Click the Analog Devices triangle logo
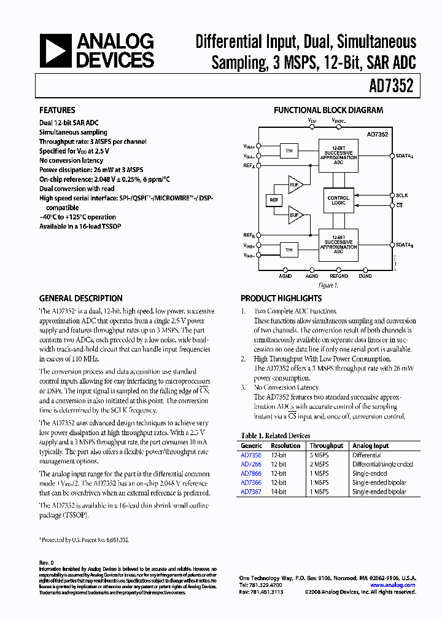[56, 50]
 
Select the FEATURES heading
[58, 111]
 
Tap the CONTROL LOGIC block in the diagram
[338, 200]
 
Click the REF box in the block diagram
[273, 200]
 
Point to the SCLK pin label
[401, 195]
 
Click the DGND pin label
[365, 277]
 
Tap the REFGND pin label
[338, 277]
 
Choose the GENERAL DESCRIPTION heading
[81, 298]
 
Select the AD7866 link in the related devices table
[251, 474]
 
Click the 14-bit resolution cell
[279, 492]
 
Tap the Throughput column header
[327, 446]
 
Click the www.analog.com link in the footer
[393, 585]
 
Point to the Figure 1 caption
[328, 285]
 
